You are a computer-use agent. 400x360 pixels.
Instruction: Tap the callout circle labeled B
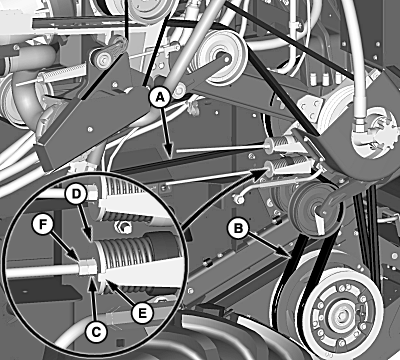(238, 230)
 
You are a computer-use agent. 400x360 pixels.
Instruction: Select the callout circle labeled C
(97, 332)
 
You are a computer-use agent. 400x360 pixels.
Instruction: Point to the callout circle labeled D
(77, 194)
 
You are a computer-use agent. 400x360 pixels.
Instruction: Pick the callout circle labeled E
(142, 313)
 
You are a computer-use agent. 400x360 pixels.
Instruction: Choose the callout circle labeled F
(43, 225)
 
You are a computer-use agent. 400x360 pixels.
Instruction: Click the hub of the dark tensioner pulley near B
(314, 210)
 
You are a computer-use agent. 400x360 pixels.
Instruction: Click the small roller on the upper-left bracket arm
(101, 58)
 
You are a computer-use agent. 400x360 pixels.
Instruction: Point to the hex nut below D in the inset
(124, 227)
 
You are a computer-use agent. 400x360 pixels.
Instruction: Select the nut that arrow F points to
(88, 267)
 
